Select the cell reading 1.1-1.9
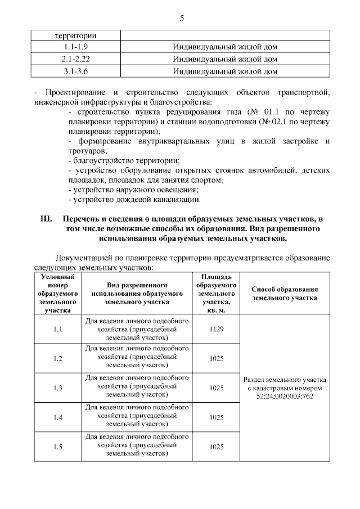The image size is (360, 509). [x=77, y=47]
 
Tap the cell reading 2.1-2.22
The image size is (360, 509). [x=77, y=59]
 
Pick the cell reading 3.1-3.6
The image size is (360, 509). [x=77, y=71]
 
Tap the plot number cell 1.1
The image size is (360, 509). [x=57, y=329]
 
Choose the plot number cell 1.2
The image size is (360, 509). [x=57, y=358]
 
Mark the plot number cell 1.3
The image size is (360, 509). [x=57, y=388]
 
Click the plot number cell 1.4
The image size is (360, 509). [x=57, y=417]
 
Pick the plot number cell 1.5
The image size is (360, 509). [x=57, y=447]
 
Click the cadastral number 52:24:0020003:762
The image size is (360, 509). [x=285, y=397]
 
